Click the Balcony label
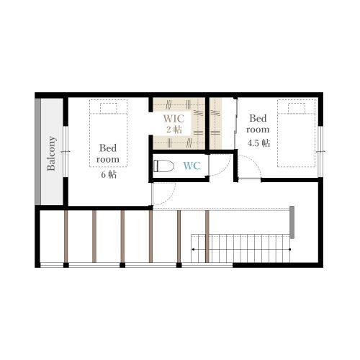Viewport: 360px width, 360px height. [x=52, y=153]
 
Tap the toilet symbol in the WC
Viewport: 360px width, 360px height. [x=163, y=166]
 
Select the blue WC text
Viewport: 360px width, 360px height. [x=192, y=166]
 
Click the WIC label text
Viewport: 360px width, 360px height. [x=174, y=119]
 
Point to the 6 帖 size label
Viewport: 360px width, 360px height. [x=109, y=174]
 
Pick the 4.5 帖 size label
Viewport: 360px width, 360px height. [x=258, y=143]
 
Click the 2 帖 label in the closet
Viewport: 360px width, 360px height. [x=174, y=130]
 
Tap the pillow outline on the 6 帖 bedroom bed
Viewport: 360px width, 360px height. [x=109, y=108]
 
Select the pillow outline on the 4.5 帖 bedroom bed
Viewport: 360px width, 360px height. [x=297, y=108]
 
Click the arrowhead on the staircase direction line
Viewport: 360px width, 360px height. [x=193, y=250]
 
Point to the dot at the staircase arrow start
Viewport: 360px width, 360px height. [x=290, y=250]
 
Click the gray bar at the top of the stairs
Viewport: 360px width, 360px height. [x=292, y=222]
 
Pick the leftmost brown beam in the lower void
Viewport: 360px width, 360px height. [x=66, y=236]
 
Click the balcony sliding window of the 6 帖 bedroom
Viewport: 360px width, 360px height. [x=66, y=151]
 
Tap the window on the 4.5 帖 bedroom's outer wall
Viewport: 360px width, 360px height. [x=320, y=152]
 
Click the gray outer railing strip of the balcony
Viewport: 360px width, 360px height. [x=37, y=152]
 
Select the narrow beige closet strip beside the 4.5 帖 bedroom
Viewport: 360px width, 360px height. [x=215, y=123]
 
